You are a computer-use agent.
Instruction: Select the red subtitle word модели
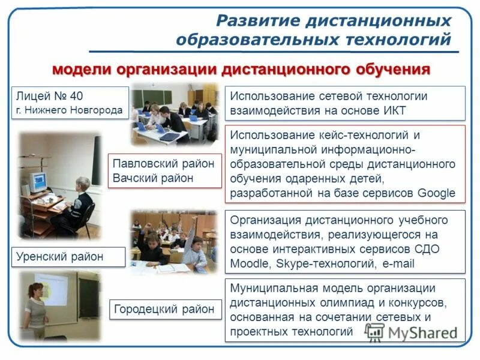pyautogui.click(x=81, y=69)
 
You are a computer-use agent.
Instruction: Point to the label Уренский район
pyautogui.click(x=60, y=256)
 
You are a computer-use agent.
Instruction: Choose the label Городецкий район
pyautogui.click(x=163, y=309)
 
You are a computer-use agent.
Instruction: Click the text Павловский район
pyautogui.click(x=163, y=164)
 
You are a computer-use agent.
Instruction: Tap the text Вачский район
pyautogui.click(x=153, y=178)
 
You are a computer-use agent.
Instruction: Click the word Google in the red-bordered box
pyautogui.click(x=436, y=193)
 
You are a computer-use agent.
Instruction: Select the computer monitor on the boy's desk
pyautogui.click(x=37, y=181)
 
